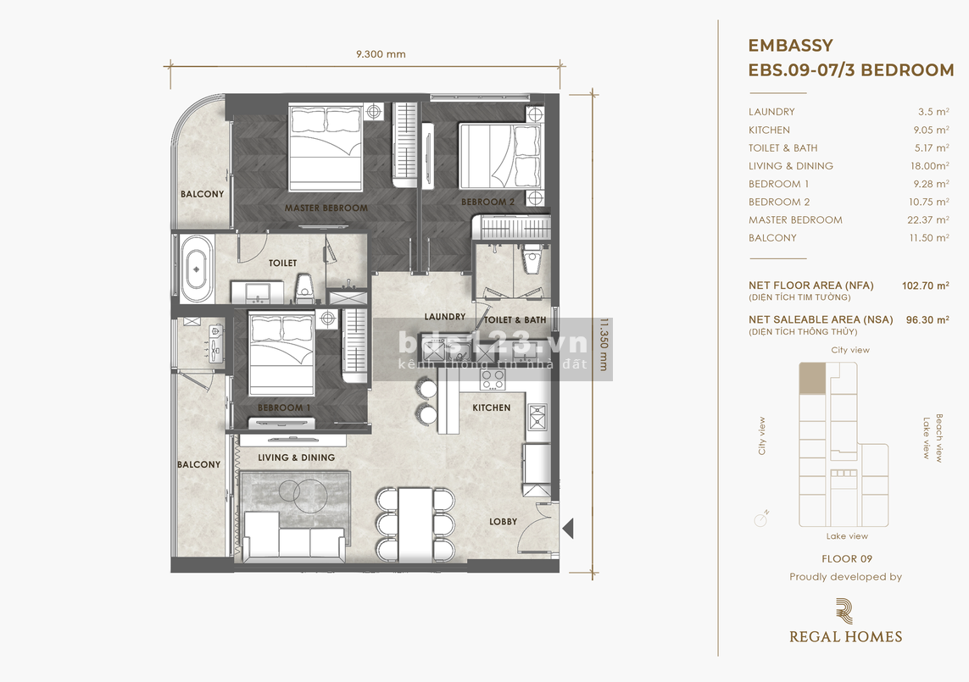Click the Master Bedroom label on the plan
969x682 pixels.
coord(326,208)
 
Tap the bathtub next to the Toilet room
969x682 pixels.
coord(198,269)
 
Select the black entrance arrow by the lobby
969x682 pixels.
coord(569,528)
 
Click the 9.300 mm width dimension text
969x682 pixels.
coord(381,53)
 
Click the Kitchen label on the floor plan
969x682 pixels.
coord(492,408)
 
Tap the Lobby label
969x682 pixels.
coord(503,521)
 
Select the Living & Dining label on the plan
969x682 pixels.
coord(296,457)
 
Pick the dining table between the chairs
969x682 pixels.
coord(415,525)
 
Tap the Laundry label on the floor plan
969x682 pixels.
coord(444,317)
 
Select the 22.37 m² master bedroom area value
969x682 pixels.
coord(928,220)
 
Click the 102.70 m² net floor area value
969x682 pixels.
coord(925,286)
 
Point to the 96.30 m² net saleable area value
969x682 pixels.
coord(927,320)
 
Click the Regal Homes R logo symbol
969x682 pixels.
coord(844,611)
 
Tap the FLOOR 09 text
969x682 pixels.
coord(847,559)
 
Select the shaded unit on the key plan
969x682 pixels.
coord(812,379)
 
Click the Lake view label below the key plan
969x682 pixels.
coord(847,536)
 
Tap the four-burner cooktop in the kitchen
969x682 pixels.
coord(493,379)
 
